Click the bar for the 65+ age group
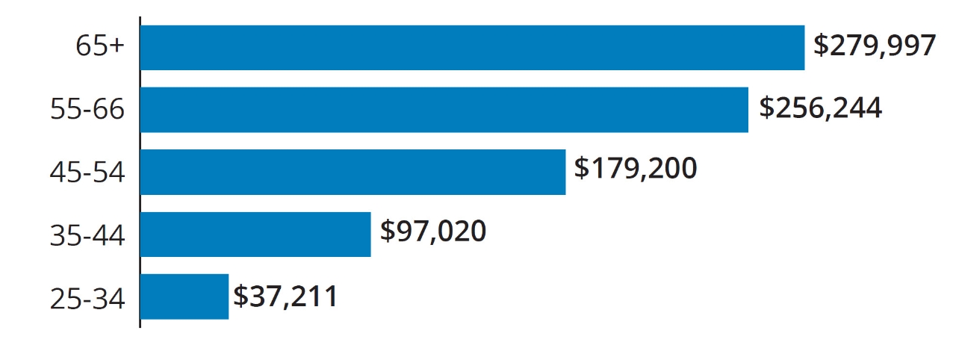[472, 48]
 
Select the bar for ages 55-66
[444, 110]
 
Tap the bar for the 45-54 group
[353, 172]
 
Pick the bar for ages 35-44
[255, 235]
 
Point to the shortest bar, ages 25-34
[184, 297]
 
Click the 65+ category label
[100, 47]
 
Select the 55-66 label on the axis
[87, 110]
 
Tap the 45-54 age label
[87, 173]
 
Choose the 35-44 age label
[87, 235]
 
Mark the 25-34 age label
[87, 298]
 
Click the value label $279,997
[874, 46]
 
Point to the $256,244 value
[820, 108]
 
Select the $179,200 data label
[635, 169]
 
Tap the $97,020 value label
[433, 232]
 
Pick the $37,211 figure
[285, 297]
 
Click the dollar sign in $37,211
[240, 297]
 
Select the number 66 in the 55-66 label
[109, 110]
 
